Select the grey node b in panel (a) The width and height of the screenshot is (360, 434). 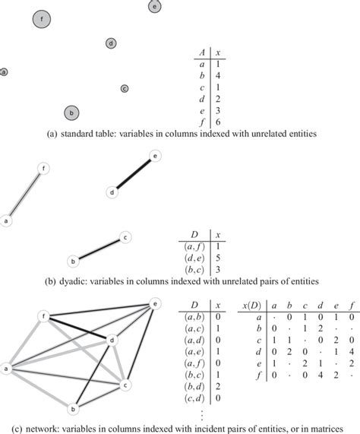pos(71,113)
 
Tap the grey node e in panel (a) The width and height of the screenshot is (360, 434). pos(154,6)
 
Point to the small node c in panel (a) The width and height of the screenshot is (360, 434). pos(125,89)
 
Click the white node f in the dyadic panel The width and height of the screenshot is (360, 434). pos(44,169)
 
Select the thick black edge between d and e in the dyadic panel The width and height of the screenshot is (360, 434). pos(134,174)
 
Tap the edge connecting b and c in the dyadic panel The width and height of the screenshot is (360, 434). pos(99,249)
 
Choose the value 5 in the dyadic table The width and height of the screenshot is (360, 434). pos(216,260)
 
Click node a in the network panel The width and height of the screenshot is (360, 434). pos(7,370)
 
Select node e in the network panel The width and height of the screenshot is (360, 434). pos(156,304)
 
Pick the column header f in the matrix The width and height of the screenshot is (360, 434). pos(352,306)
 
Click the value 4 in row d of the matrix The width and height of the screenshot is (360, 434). pos(352,353)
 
